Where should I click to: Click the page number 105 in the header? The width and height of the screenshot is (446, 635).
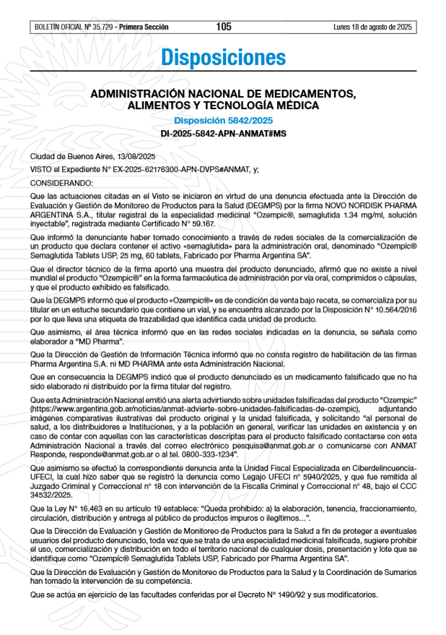[223, 27]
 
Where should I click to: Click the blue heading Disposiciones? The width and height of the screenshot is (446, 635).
[223, 57]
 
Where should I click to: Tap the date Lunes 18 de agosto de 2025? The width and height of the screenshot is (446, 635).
[372, 27]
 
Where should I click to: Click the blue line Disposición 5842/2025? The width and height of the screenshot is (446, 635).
[223, 120]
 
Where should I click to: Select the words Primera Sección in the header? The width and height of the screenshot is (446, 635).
[144, 27]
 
